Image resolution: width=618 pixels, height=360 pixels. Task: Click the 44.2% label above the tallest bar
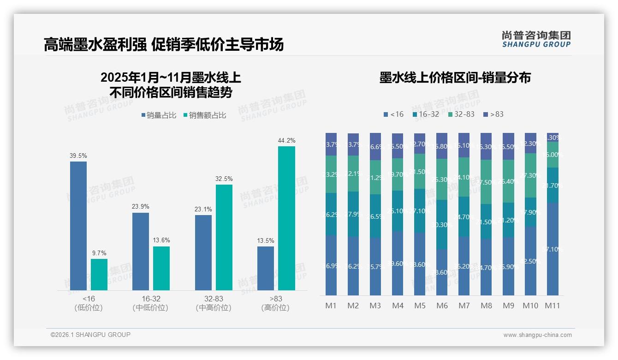tap(286, 140)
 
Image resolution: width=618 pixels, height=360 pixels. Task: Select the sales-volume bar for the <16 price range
tap(78, 226)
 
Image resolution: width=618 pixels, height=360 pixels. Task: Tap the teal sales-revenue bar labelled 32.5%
tap(224, 237)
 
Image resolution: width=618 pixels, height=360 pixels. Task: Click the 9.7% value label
tap(99, 253)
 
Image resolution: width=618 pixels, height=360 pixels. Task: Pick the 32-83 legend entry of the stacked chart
tap(461, 114)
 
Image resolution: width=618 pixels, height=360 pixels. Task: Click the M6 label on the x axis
tap(442, 306)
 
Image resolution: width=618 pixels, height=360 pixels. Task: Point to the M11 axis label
tap(552, 306)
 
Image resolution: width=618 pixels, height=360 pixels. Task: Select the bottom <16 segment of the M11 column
tap(553, 249)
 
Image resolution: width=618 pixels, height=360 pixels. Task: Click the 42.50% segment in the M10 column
tap(530, 261)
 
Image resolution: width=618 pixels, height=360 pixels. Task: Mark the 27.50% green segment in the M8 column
tap(486, 182)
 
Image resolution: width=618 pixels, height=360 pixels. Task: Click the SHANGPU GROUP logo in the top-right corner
tap(536, 39)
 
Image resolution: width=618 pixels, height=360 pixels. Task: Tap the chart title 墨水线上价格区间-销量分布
tap(455, 78)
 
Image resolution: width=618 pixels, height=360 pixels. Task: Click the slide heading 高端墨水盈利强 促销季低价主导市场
tap(164, 44)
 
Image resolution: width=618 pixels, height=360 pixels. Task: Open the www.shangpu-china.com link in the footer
tap(537, 335)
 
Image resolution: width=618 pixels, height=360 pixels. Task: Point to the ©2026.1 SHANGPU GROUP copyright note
tap(90, 335)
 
